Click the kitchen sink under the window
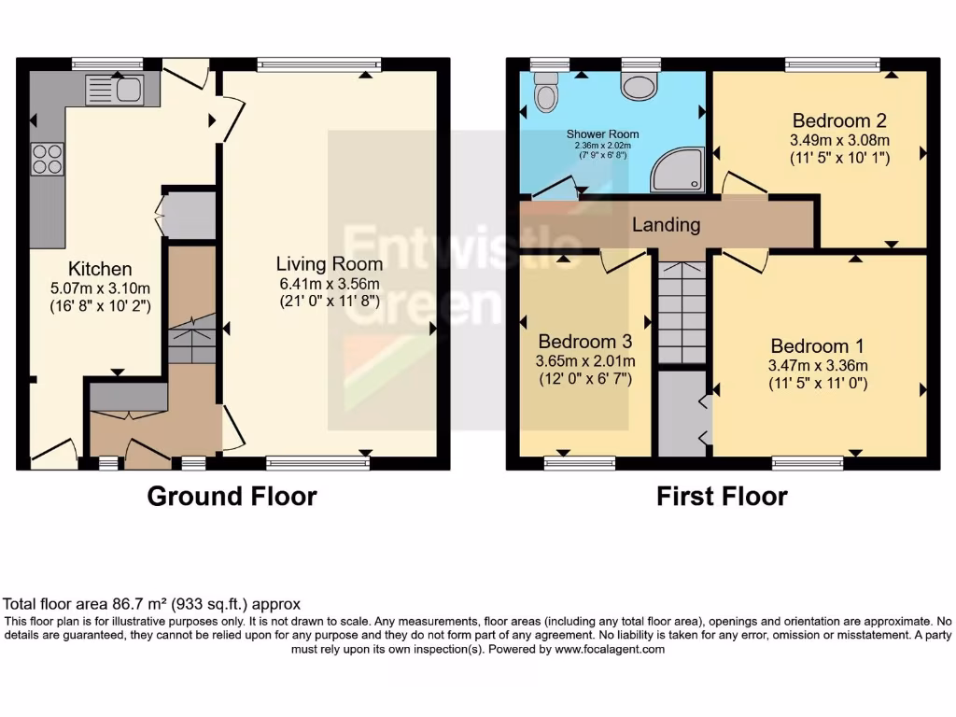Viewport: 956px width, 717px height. pos(114,91)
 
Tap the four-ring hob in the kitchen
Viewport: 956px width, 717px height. pos(48,160)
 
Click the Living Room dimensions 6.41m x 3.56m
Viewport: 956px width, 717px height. pos(330,283)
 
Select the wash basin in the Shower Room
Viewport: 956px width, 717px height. pos(640,87)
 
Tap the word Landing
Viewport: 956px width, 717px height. pos(666,225)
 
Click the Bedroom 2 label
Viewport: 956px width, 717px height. pos(839,120)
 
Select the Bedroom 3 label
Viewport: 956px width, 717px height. pos(585,341)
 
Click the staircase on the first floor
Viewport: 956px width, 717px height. pos(682,313)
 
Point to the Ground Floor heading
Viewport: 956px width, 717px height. pos(232,496)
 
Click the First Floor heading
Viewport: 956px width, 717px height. pos(722,496)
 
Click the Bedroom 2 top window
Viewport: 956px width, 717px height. pos(833,64)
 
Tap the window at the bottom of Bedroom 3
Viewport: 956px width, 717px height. pos(579,462)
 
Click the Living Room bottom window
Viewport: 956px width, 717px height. pos(317,462)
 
